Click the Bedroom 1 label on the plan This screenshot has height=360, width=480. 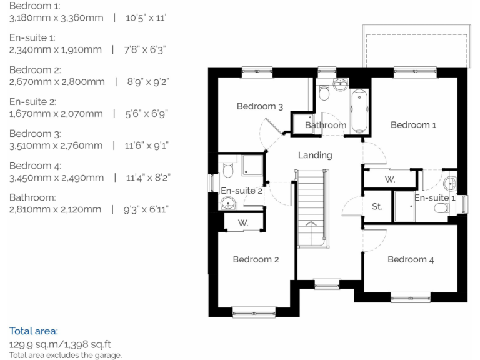point(413,125)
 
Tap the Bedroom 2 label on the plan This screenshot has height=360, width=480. point(256,259)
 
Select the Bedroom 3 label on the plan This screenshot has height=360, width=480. point(259,106)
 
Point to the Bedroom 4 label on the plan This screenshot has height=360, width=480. point(411,259)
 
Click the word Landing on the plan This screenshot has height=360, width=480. point(315,155)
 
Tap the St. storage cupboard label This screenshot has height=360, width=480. point(377,206)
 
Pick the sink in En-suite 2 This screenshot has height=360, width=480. point(227,203)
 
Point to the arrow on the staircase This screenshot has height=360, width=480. point(310,227)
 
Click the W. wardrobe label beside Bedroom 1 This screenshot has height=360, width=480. point(390,179)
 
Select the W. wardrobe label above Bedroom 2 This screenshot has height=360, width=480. point(242,223)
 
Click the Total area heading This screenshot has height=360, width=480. point(33,331)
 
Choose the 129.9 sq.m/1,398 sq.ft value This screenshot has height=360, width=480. point(60,344)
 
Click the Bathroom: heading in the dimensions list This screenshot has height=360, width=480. point(32,197)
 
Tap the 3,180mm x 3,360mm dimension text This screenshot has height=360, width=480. point(56,17)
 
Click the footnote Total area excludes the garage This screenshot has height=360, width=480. point(66,355)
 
